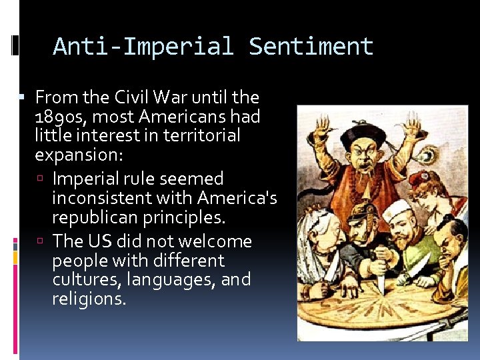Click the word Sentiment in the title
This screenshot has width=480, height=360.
coord(311,47)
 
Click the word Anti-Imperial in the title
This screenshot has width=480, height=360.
coord(143,47)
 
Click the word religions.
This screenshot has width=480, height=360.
coord(89,299)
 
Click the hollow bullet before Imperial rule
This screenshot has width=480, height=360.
coord(43,179)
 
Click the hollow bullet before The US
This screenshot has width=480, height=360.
coord(43,241)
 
